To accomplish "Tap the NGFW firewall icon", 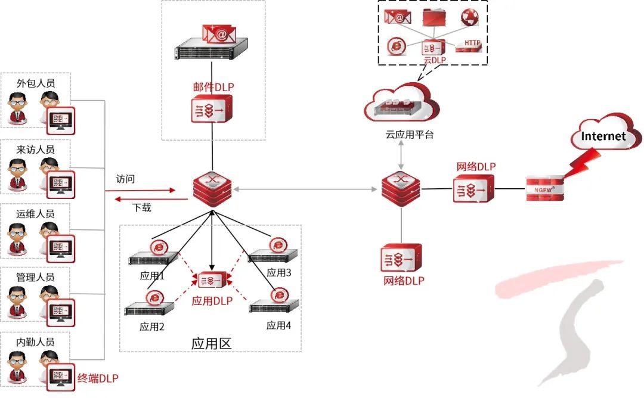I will click(543, 189).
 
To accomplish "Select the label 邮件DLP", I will click(213, 87).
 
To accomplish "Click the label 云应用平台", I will click(401, 135).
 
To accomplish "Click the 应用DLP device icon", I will click(212, 280).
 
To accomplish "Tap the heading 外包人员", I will click(36, 83).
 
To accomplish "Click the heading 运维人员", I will click(36, 213).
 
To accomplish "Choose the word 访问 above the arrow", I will click(126, 178).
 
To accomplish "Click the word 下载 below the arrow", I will click(141, 208).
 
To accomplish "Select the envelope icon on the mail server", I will click(218, 34).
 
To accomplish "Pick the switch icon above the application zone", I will click(212, 189).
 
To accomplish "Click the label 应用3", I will click(279, 272).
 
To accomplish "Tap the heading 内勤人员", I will click(36, 342).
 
